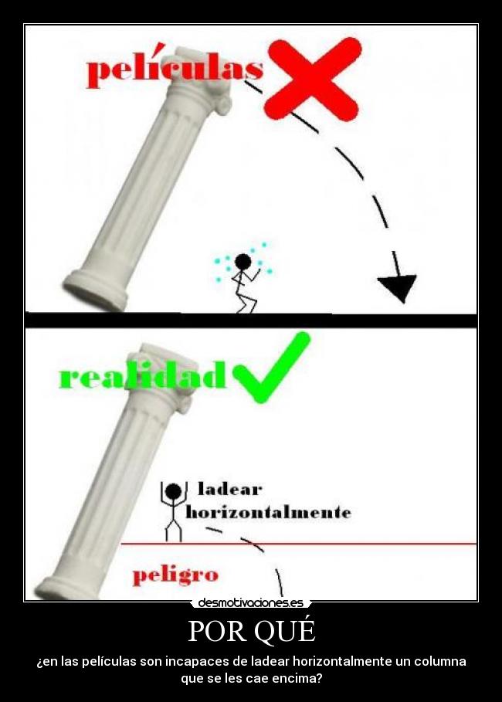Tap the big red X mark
coord(313,77)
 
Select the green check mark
coord(271,367)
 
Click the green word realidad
coord(143,375)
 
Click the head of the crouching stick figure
coord(243,262)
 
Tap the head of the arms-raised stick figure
coord(173,491)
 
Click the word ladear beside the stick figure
coord(229,490)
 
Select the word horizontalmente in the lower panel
coord(268,512)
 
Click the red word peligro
coord(175,575)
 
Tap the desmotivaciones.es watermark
coord(251,602)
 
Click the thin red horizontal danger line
coord(299,544)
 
